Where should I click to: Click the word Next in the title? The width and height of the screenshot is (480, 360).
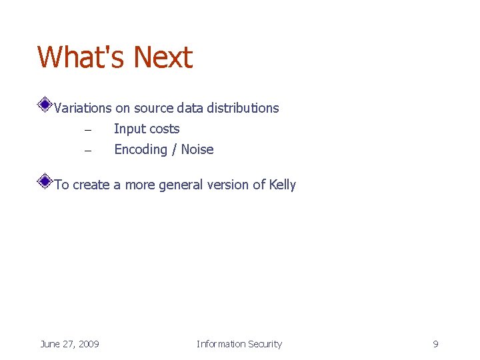[x=163, y=57]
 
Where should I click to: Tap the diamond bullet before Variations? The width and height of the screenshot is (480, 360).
[x=44, y=104]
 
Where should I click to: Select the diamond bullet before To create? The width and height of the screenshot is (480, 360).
[x=44, y=181]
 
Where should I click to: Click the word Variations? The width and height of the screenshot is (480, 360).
[x=83, y=108]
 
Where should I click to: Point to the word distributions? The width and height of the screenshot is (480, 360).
[x=243, y=108]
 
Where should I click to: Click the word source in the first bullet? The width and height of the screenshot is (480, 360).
[x=154, y=108]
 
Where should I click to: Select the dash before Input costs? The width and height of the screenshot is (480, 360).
[x=87, y=129]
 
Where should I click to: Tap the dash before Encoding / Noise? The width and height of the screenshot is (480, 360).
[x=87, y=150]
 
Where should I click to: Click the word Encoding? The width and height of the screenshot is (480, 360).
[x=141, y=150]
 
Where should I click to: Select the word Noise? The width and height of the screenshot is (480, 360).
[x=197, y=149]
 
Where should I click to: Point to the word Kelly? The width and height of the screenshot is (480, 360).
[x=283, y=185]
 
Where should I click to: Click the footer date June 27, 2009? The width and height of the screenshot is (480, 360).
[x=69, y=344]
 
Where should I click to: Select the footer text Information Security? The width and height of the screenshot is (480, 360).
[x=239, y=344]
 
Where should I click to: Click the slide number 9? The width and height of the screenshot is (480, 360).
[x=435, y=344]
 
